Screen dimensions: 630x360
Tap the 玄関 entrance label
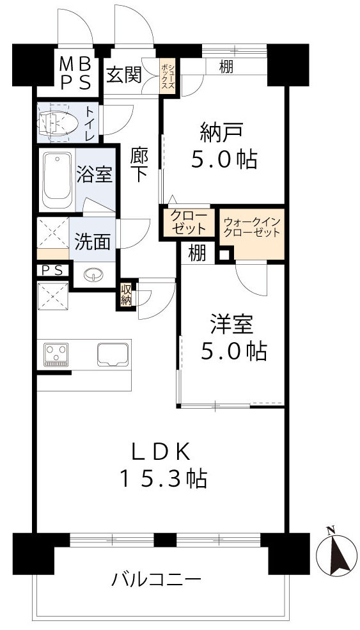coord(123,75)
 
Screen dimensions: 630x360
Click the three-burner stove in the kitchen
coord(56,354)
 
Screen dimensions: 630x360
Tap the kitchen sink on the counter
coord(113,354)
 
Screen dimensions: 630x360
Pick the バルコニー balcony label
coord(157,581)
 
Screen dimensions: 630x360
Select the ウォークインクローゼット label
coord(252,228)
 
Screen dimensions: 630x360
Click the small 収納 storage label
coord(125,295)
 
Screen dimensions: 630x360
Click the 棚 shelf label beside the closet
coord(197,253)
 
